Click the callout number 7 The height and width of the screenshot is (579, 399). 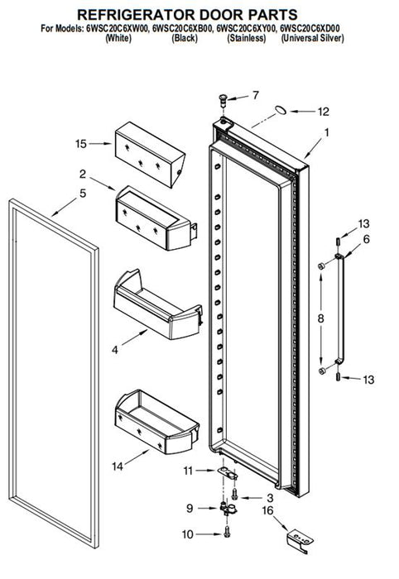[255, 95]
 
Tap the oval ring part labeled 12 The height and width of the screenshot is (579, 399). [281, 109]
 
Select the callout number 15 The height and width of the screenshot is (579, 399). [81, 144]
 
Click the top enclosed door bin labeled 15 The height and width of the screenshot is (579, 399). [150, 155]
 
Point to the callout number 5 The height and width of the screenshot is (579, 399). [83, 193]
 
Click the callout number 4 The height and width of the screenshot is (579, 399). [115, 350]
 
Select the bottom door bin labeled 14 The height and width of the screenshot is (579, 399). [156, 422]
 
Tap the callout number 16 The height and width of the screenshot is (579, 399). [267, 510]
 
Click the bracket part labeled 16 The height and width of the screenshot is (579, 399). [300, 540]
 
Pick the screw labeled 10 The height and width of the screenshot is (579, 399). [227, 532]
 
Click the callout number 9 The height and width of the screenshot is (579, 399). [190, 509]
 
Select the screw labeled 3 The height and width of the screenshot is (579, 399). [234, 494]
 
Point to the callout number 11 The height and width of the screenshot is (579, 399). [188, 471]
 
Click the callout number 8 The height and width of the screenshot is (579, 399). [320, 318]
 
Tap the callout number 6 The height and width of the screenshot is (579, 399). [366, 239]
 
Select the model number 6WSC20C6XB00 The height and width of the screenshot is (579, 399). [182, 28]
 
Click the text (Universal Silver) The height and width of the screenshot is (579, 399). [313, 38]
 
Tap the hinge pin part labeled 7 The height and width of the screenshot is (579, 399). [223, 100]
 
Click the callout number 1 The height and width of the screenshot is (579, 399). [327, 132]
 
